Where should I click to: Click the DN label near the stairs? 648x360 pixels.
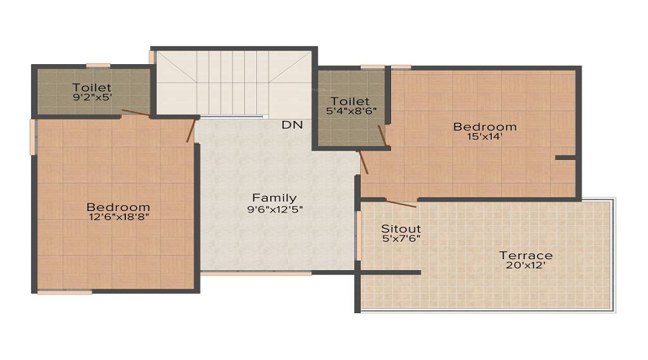(292, 125)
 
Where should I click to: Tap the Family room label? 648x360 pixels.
(274, 198)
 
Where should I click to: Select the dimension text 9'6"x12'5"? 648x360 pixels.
(274, 210)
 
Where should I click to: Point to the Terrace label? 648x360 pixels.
(526, 256)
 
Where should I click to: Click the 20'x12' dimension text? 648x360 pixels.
(526, 266)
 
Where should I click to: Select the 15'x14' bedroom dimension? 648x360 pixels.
(484, 138)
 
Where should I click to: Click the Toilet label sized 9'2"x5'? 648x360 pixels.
(91, 88)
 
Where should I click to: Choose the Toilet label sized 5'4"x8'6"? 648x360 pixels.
(350, 102)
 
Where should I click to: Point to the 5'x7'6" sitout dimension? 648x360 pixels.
(400, 239)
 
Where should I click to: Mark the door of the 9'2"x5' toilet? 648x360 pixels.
(136, 113)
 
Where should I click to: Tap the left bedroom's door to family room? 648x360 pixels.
(192, 129)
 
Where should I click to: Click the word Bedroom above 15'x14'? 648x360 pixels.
(484, 127)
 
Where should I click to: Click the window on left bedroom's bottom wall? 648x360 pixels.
(65, 292)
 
